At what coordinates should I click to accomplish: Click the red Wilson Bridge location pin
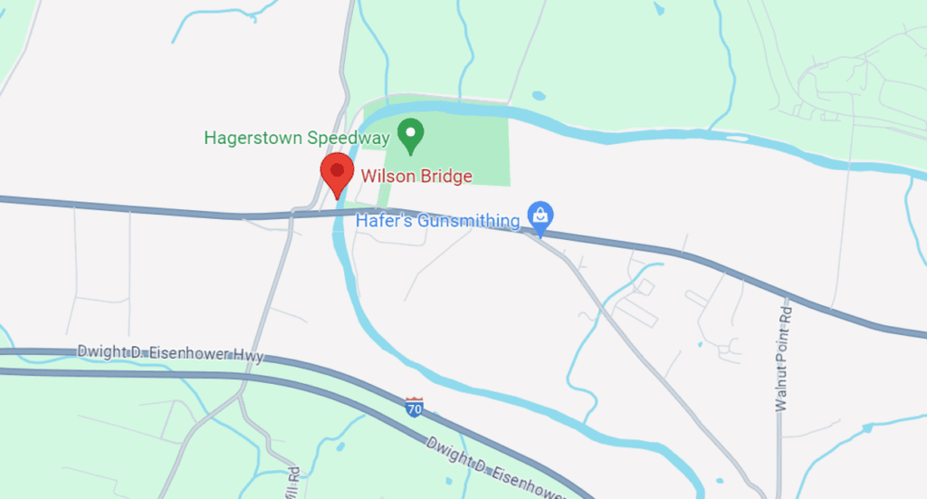coord(337,175)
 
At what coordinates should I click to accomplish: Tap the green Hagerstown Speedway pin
coord(412,136)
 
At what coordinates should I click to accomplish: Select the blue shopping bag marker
coord(540,217)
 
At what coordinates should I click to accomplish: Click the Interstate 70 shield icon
coord(415,407)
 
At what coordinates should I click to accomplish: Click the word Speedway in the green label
coord(347,139)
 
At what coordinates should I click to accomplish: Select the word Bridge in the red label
coord(442,177)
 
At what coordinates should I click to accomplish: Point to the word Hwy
coord(248,356)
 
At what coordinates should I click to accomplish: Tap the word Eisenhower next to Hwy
coord(186,353)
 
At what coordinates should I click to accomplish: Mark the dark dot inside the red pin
coord(337,168)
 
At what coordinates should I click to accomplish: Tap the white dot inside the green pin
coord(412,132)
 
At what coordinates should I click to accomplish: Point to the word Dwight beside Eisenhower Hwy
coord(100,350)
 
